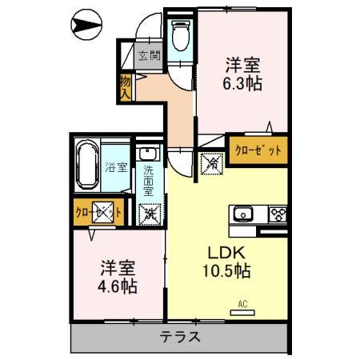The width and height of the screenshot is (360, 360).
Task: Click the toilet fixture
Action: tap(181, 36)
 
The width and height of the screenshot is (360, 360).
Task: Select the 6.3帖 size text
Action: tap(244, 82)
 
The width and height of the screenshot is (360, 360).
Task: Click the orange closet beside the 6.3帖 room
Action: tap(258, 149)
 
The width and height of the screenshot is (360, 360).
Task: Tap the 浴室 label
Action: tap(116, 167)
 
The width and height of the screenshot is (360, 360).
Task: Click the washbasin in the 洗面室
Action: tap(149, 154)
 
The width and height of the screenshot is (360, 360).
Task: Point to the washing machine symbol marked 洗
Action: tap(149, 214)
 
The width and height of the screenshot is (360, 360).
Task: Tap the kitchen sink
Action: tap(243, 214)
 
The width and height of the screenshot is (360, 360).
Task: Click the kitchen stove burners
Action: tap(278, 214)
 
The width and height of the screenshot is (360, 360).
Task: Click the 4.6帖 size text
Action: tap(118, 286)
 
